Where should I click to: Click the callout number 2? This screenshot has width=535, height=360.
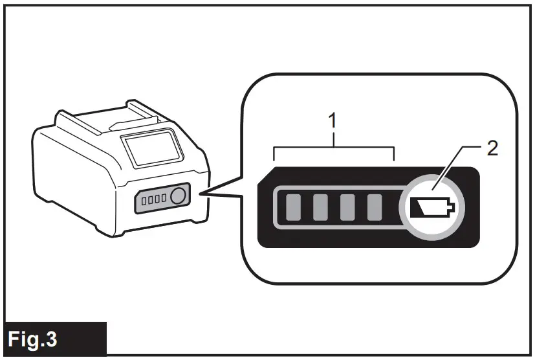pyautogui.click(x=492, y=148)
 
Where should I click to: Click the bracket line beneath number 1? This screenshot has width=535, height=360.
pyautogui.click(x=334, y=149)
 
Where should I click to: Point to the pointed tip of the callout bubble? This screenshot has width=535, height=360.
pyautogui.click(x=202, y=192)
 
